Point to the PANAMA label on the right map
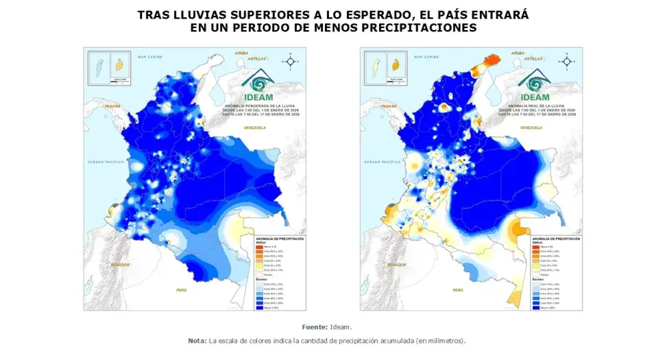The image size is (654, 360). click(x=388, y=107)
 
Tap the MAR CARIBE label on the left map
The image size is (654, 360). click(x=148, y=57)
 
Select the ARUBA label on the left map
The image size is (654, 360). click(x=241, y=53)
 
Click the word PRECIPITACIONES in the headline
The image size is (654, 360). click(x=411, y=27)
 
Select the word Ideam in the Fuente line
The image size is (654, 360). click(x=341, y=326)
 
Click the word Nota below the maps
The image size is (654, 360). click(x=197, y=340)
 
